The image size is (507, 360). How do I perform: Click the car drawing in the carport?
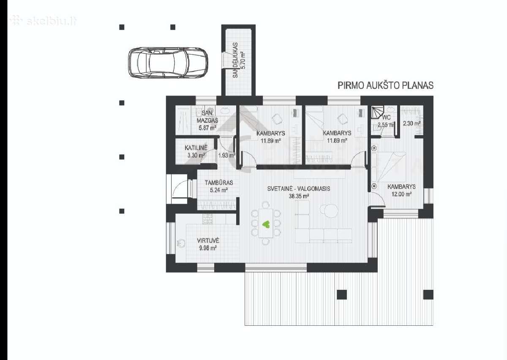point(168,63)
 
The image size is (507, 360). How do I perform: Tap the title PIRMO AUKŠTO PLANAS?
point(385,85)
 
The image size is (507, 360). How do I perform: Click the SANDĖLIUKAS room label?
point(235,60)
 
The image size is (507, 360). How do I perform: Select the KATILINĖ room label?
point(196,148)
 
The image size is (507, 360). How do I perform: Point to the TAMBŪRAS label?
point(219,183)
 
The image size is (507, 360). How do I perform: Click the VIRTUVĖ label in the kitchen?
point(208,240)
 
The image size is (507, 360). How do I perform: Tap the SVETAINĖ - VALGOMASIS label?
point(299,188)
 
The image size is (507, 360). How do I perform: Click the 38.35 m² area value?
point(299,196)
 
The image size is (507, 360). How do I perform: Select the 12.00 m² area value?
point(401,194)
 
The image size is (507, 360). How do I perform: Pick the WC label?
point(387,117)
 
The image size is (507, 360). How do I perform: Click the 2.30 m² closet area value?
point(412,123)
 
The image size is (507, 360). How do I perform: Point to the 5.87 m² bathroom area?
point(207,128)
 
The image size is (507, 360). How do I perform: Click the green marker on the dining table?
point(266,224)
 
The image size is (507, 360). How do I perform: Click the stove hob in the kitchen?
point(208,219)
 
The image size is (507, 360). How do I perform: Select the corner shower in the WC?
point(377,112)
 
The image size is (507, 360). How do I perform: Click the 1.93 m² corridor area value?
point(226,155)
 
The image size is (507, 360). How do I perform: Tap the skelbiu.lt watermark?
point(43,21)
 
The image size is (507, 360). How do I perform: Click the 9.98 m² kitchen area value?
point(208,248)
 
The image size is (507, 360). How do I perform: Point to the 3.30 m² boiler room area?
point(196,155)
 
